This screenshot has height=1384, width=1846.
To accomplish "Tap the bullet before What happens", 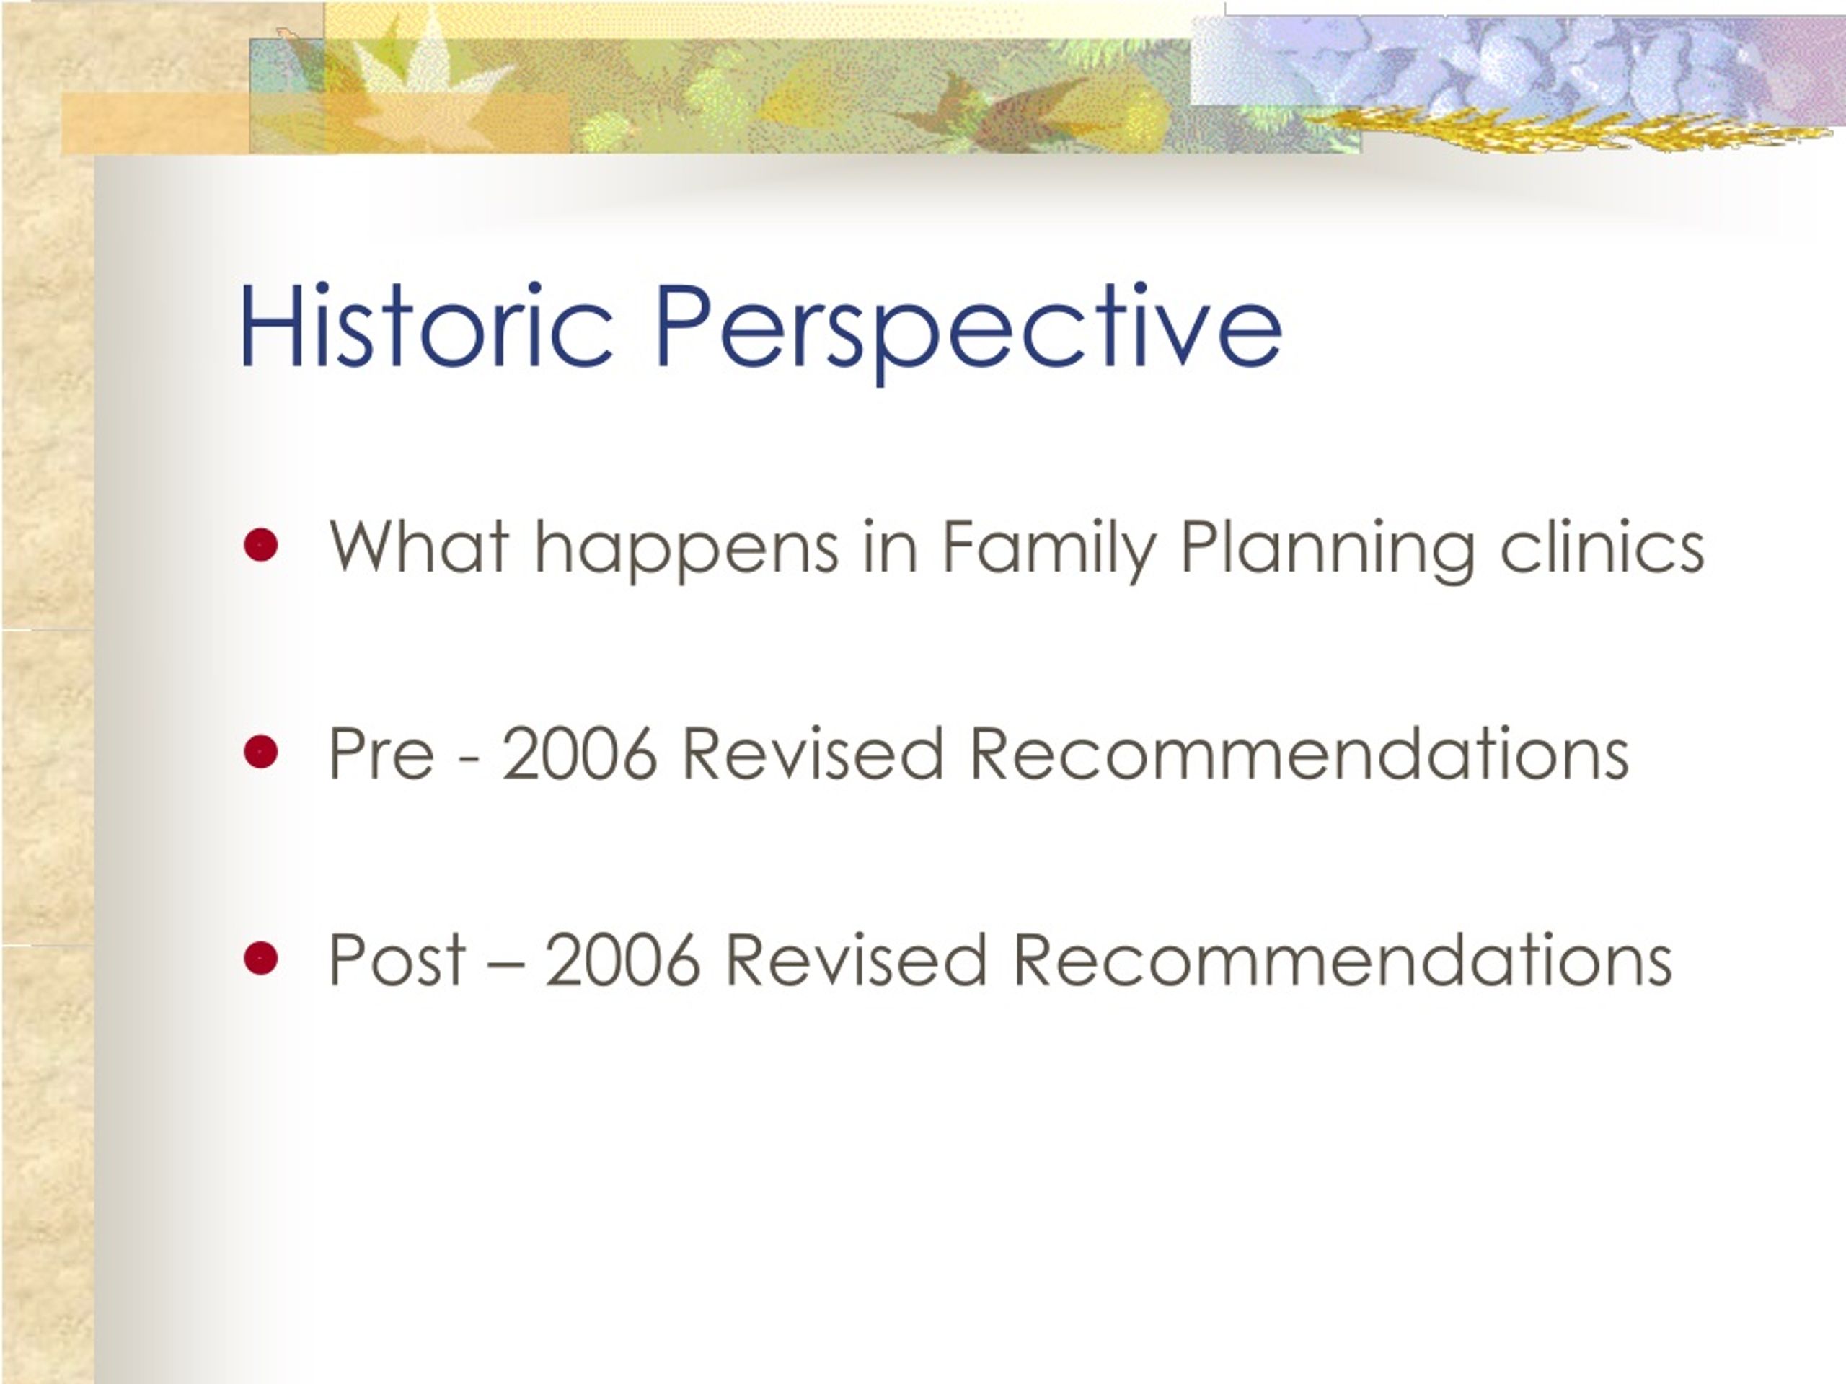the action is coord(261,546).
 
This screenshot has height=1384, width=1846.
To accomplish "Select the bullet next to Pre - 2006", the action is coord(261,752).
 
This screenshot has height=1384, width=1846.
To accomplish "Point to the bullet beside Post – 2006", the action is coord(261,958).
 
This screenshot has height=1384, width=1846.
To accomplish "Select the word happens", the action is coord(686,551).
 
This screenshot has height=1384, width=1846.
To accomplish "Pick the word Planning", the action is coord(1327,551).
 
